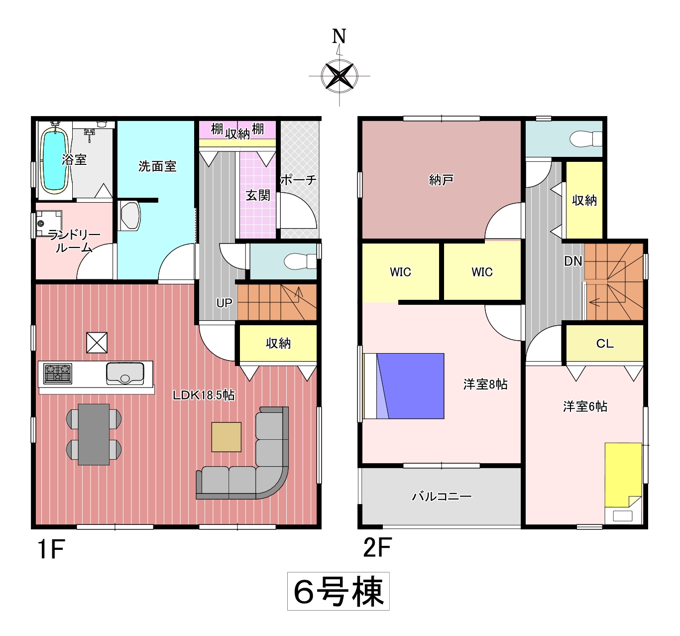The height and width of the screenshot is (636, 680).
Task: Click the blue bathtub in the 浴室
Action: click(54, 161)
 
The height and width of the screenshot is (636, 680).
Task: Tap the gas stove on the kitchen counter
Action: click(58, 373)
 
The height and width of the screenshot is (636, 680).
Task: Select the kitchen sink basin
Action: click(125, 373)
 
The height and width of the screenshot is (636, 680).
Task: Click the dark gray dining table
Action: click(94, 434)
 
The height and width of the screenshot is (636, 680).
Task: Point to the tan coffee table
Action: click(227, 437)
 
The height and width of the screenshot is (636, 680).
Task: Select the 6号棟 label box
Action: click(339, 591)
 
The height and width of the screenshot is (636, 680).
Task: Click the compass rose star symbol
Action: click(340, 76)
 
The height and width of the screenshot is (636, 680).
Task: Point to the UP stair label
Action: click(225, 303)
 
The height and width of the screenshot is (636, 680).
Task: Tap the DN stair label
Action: click(573, 261)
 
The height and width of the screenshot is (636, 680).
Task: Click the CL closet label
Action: click(605, 343)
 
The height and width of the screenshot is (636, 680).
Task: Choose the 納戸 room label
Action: click(442, 180)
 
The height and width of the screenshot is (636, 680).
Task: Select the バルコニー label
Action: click(442, 496)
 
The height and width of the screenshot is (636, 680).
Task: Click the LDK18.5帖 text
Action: click(204, 395)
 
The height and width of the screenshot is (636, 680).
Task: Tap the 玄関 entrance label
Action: click(258, 195)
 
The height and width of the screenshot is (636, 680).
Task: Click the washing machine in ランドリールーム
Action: click(49, 224)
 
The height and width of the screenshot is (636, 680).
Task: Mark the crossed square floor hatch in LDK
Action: click(97, 343)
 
